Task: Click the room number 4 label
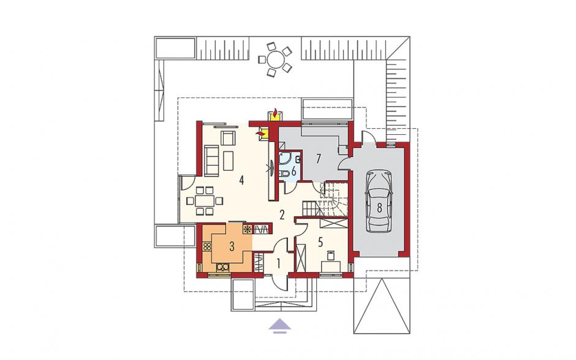click(241, 180)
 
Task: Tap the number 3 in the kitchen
click(232, 247)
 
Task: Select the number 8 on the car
click(379, 207)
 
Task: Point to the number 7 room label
click(318, 159)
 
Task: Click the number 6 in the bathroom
click(294, 171)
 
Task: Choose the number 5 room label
click(320, 242)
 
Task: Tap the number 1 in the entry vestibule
click(279, 263)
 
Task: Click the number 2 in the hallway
click(282, 215)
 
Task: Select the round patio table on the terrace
click(276, 59)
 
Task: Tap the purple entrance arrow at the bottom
click(279, 326)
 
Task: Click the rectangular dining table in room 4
click(204, 201)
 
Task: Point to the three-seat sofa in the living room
click(211, 160)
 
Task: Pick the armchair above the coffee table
click(228, 138)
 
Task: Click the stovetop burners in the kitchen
click(207, 247)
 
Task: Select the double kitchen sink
click(223, 267)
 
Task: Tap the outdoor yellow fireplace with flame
click(274, 114)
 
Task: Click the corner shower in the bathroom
click(285, 159)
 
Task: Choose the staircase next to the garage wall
click(325, 201)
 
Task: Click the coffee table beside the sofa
click(229, 160)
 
